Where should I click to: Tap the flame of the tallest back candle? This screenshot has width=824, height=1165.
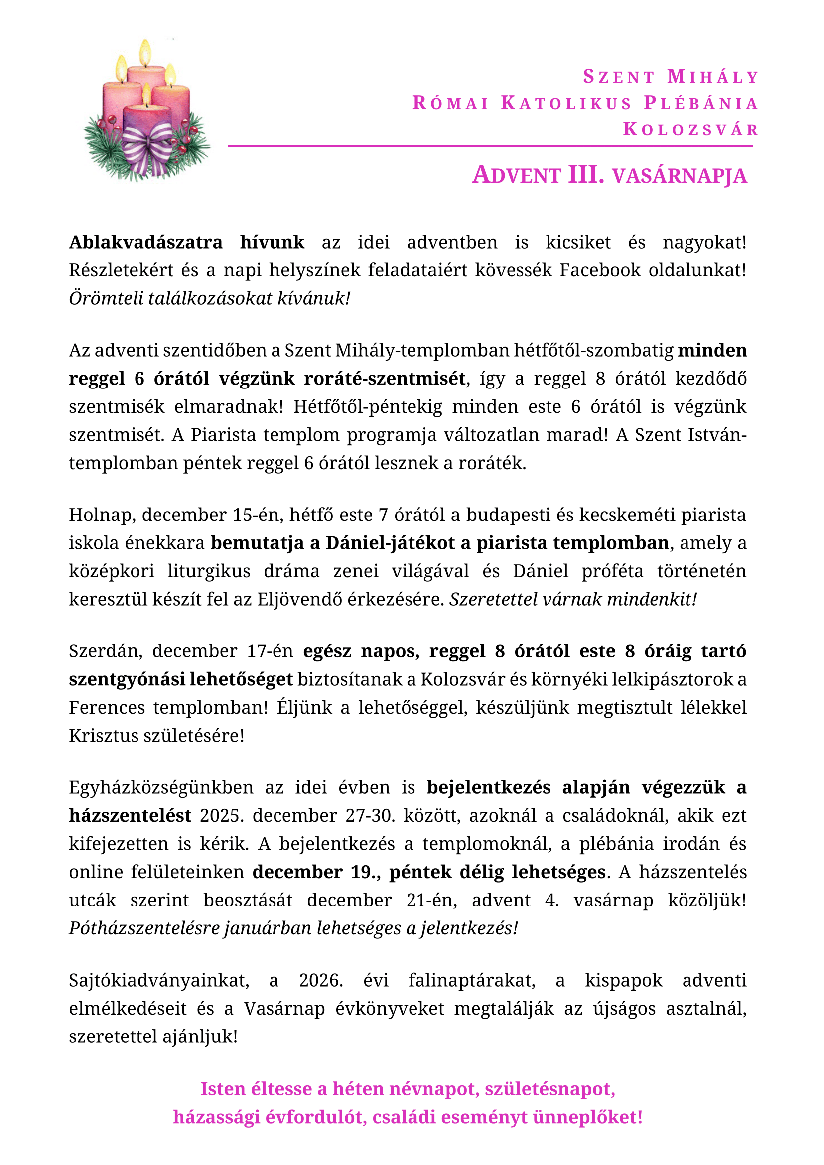pos(145,52)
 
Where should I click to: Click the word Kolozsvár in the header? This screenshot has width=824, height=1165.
pos(690,129)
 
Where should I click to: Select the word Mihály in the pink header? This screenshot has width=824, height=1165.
pos(712,77)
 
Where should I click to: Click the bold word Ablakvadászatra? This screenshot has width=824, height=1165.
pos(145,242)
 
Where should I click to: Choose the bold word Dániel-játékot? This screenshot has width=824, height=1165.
pos(390,543)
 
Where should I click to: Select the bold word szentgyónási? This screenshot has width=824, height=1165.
pos(127,679)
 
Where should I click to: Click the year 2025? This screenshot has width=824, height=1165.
pos(222,816)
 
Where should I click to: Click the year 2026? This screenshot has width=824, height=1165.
pos(321,980)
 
